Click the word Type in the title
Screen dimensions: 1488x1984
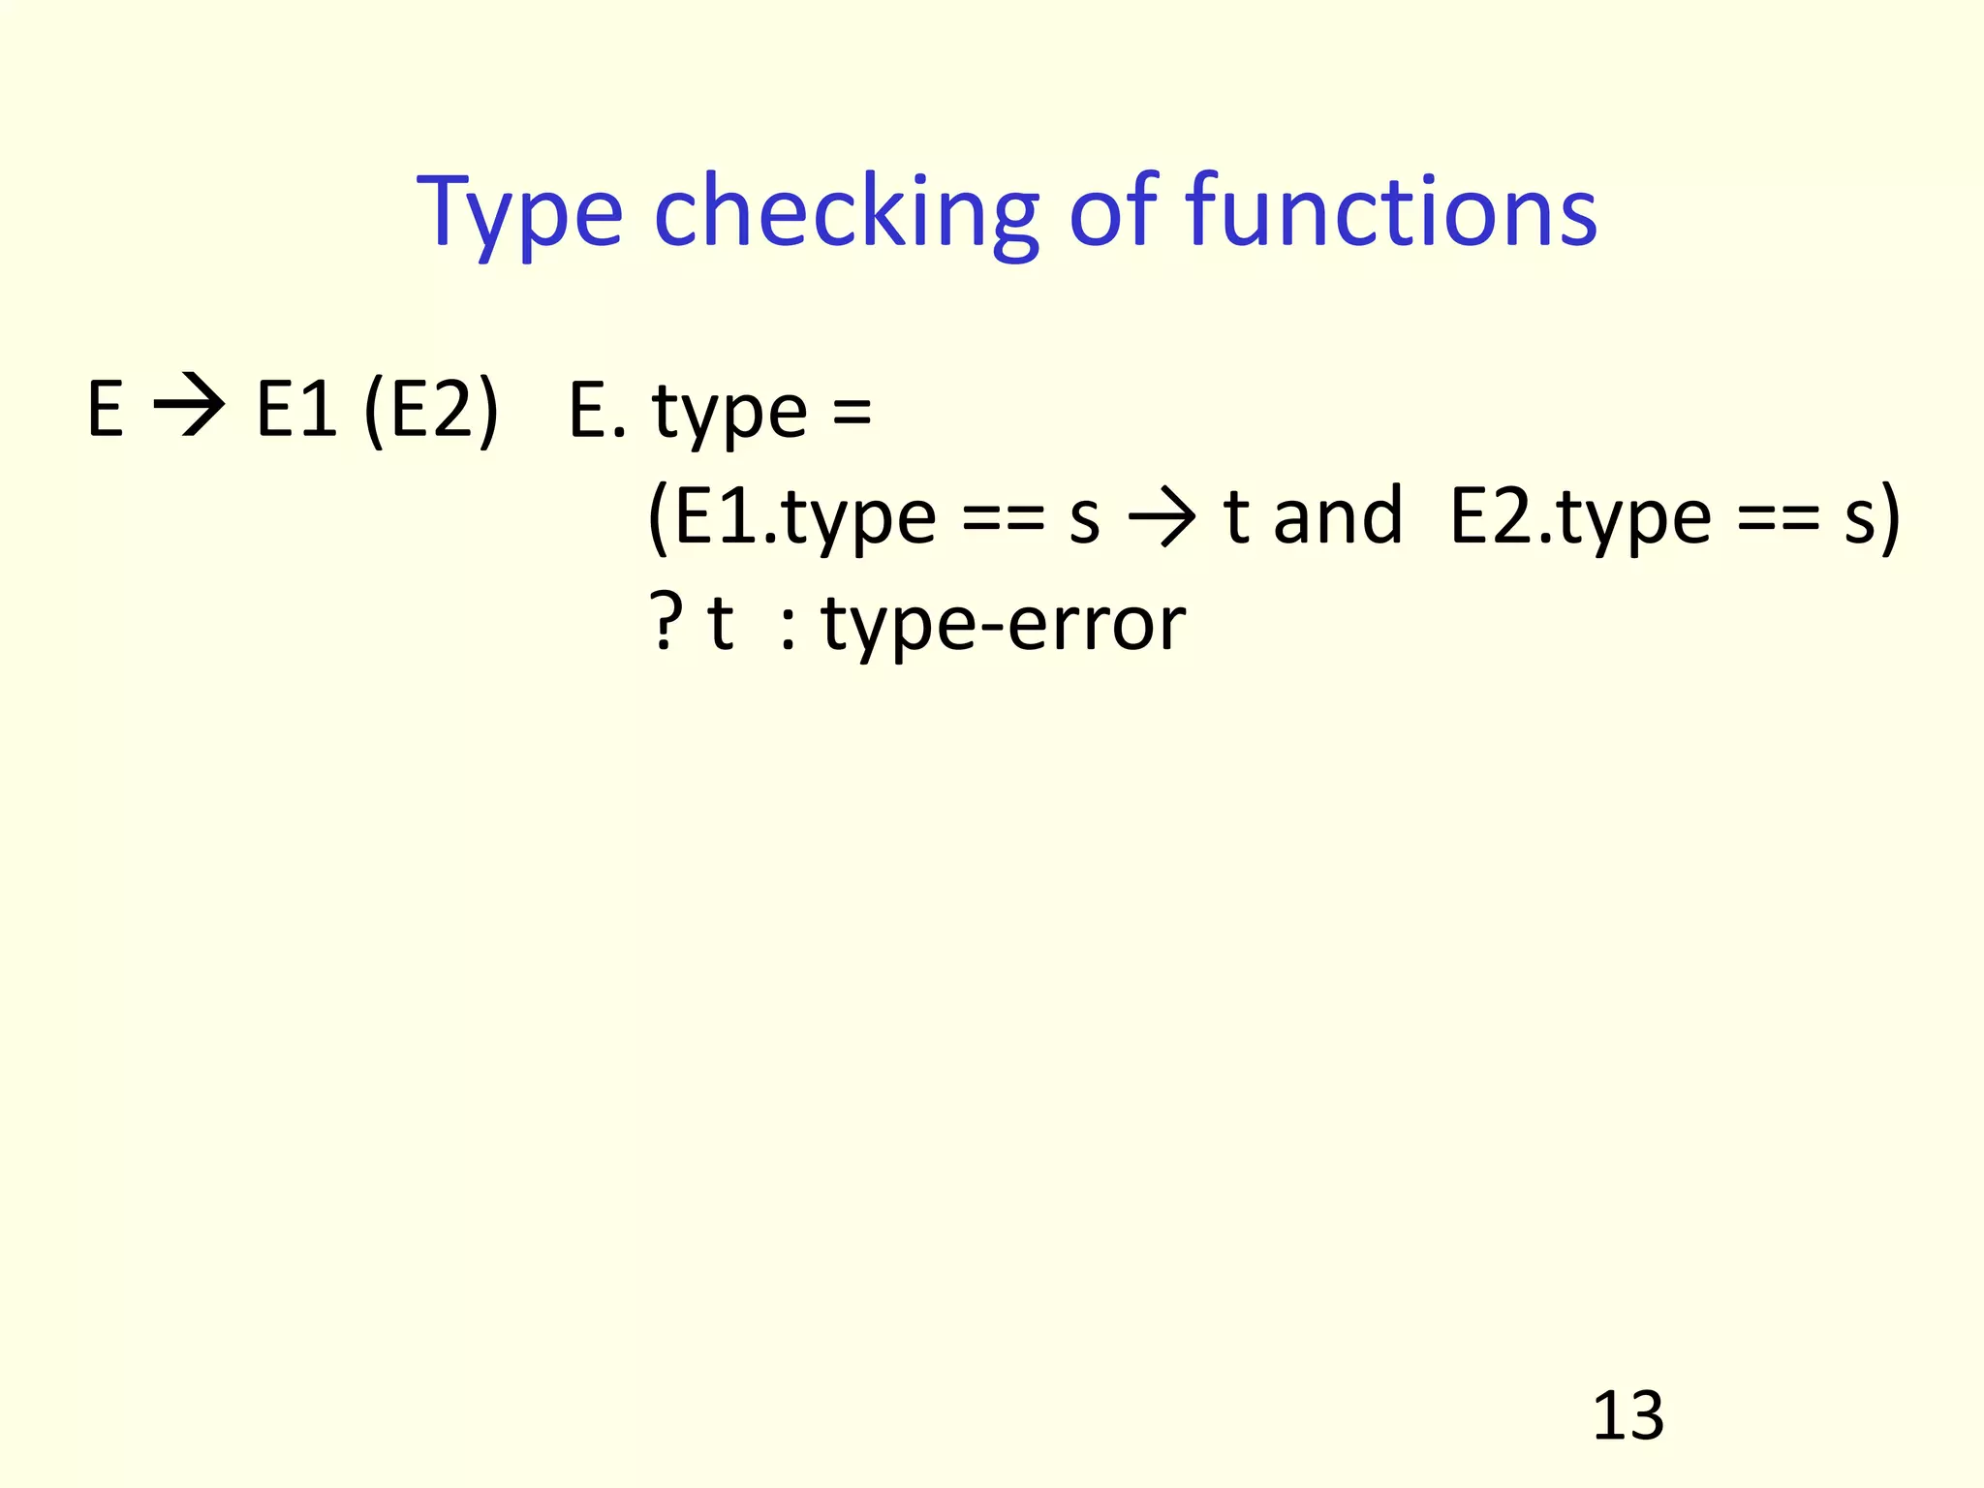pos(519,211)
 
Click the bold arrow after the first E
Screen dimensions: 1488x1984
pos(189,410)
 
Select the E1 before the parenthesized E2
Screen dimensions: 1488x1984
pos(296,410)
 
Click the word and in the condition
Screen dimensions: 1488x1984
pos(1338,516)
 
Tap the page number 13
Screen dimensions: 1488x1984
pos(1627,1416)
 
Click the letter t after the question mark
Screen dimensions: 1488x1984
pos(720,623)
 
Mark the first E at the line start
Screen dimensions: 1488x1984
pos(105,410)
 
